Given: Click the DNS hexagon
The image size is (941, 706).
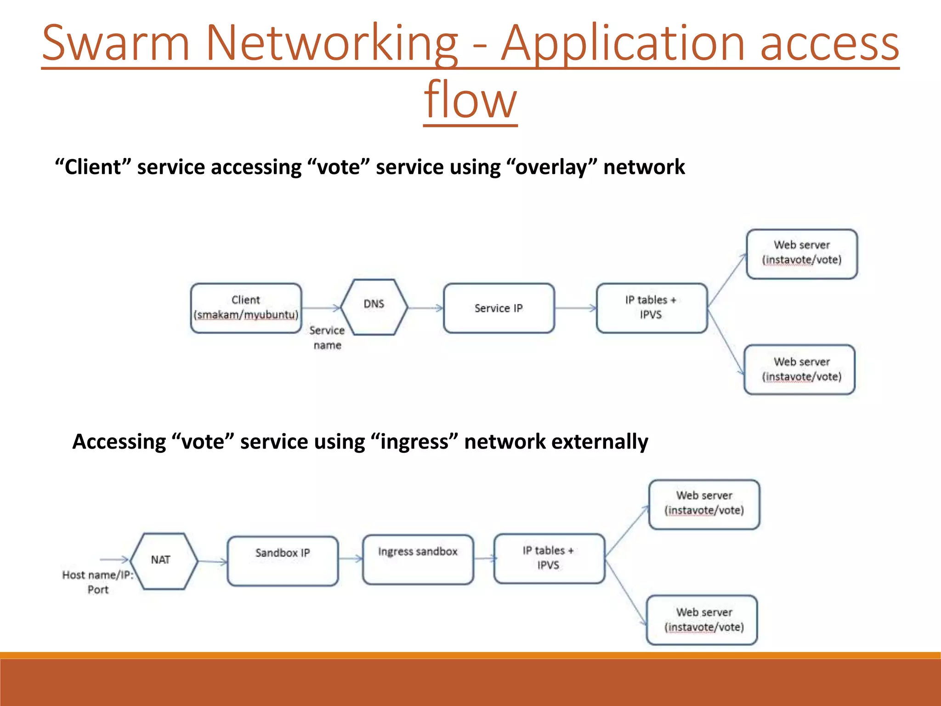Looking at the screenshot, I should click(x=374, y=307).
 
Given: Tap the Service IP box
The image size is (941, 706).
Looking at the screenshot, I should click(x=499, y=308).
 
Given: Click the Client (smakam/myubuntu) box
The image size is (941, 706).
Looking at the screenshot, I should click(x=246, y=307).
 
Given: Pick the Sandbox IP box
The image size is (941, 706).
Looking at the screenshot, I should click(x=283, y=561).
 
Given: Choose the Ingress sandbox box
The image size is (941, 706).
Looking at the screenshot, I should click(x=418, y=559).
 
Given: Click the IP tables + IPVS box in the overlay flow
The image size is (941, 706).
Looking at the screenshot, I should click(x=651, y=307).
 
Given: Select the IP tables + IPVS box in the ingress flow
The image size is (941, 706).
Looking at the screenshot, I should click(x=549, y=558).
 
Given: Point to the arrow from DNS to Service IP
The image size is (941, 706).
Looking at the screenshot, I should click(x=425, y=307).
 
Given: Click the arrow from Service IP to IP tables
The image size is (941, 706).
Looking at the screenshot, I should click(x=575, y=308).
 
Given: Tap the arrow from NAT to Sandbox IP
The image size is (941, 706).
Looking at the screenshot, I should click(x=212, y=561).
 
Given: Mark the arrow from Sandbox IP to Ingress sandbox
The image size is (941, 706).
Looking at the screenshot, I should click(x=351, y=558).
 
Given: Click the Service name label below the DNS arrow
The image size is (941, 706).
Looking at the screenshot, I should click(x=327, y=337).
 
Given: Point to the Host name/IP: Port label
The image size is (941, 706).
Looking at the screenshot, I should click(x=98, y=582).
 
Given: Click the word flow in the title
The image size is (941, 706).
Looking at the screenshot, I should click(x=470, y=99).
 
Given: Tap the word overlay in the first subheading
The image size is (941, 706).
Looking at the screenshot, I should click(x=550, y=167).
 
